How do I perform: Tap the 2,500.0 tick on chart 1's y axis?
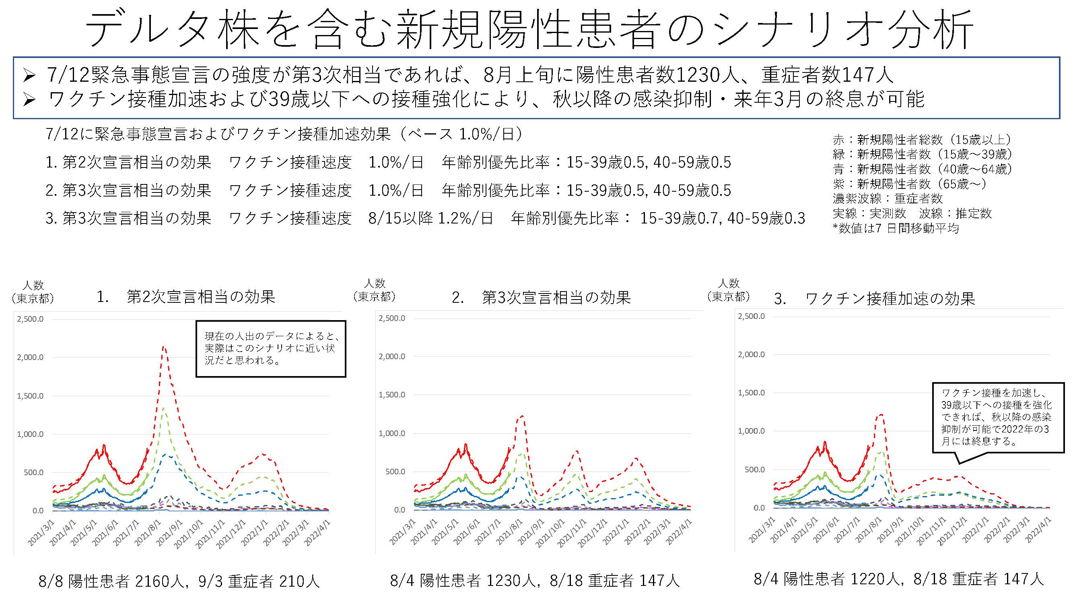point(30,319)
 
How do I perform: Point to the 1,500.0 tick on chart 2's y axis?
point(392,395)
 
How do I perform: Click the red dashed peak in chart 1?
point(164,346)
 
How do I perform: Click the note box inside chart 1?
point(271,348)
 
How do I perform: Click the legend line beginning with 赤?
point(922,140)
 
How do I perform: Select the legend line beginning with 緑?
point(922,155)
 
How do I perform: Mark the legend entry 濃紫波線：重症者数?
point(887,199)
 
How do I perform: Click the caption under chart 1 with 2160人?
point(179,581)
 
